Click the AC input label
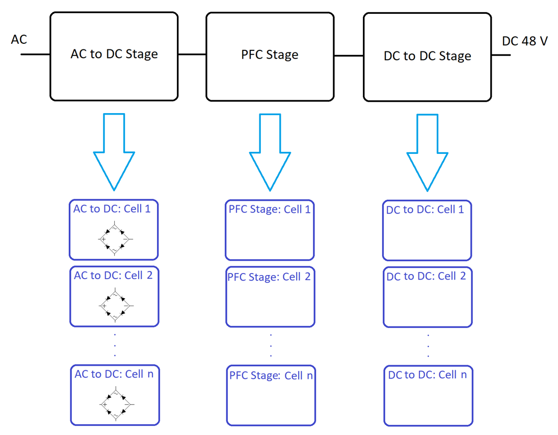(19, 39)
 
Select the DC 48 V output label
(524, 41)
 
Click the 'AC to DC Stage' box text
(114, 54)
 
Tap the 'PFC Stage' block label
(270, 55)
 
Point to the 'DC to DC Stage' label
(427, 56)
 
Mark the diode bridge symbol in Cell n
(115, 404)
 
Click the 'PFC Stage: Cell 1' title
(270, 209)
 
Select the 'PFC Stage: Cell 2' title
(269, 277)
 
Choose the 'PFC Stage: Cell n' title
(271, 376)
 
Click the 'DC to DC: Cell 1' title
(425, 209)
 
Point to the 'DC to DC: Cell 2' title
(426, 277)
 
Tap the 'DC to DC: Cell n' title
(427, 375)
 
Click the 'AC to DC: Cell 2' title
(113, 276)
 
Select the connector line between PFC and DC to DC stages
(349, 56)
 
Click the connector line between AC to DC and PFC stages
(192, 55)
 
